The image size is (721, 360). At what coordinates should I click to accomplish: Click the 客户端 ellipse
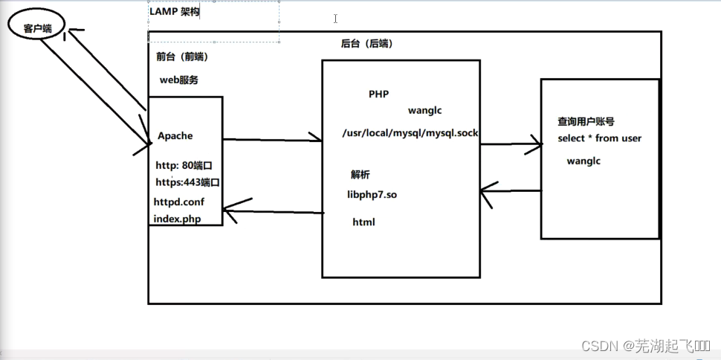36,28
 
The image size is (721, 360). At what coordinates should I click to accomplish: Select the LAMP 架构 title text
175,11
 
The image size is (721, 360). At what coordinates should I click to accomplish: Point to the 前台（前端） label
182,57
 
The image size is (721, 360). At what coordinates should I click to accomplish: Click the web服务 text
178,80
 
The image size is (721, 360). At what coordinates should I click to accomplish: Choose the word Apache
175,136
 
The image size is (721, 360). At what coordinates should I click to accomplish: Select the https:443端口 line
187,182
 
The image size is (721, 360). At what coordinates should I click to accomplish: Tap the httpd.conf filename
178,202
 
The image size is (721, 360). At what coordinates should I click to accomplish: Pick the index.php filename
177,218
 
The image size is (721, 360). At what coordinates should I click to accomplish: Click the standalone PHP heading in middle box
378,94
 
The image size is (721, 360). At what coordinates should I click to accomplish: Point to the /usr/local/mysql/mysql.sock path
410,134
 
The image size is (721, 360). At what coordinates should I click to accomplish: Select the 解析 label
360,175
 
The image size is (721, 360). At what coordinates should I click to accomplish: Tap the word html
363,222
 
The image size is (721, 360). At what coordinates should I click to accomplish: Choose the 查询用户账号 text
586,121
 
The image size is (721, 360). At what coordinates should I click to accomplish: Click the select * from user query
599,138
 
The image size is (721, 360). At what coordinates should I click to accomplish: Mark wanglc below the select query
583,161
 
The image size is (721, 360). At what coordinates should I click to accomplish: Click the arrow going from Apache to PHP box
271,139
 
